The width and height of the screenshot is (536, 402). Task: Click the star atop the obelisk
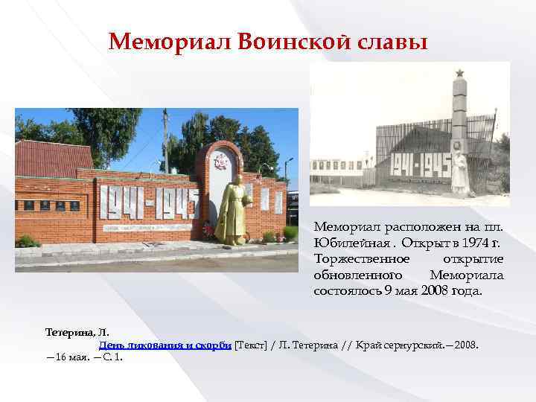459,73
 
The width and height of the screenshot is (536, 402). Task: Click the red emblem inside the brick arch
221,162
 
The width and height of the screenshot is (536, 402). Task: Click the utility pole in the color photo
166,141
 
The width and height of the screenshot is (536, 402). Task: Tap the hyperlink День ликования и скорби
165,345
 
